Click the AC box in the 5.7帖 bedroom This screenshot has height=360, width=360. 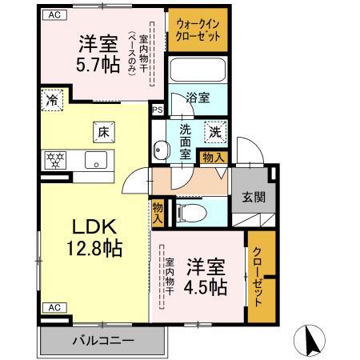click(x=54, y=15)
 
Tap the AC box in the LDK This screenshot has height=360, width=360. click(x=54, y=307)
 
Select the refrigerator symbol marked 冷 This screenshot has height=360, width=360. click(x=52, y=100)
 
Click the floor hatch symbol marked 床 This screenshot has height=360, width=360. click(x=104, y=132)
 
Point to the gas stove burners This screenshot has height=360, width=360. click(x=55, y=160)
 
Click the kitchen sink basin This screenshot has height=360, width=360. click(x=96, y=160)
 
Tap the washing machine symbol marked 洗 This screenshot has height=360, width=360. click(x=215, y=131)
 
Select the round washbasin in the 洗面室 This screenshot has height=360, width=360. click(x=161, y=150)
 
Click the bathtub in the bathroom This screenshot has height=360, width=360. click(x=198, y=70)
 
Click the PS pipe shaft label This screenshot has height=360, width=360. click(x=158, y=110)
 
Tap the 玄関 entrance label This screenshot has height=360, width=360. click(x=254, y=198)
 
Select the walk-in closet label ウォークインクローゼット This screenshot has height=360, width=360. click(x=198, y=30)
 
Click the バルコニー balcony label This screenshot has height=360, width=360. click(x=103, y=341)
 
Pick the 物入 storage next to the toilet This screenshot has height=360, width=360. click(x=158, y=212)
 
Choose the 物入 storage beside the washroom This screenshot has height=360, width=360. click(x=213, y=158)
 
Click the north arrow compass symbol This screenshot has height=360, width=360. click(x=310, y=341)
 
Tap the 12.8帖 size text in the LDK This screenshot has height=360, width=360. click(x=94, y=248)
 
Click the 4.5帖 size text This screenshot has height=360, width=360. click(x=206, y=286)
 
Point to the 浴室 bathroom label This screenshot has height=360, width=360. click(x=198, y=98)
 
